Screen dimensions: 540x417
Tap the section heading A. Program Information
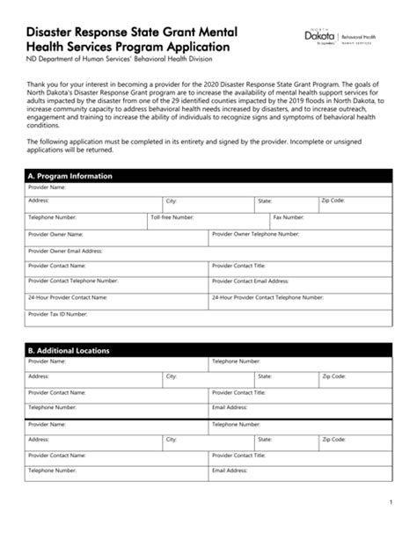click(70, 176)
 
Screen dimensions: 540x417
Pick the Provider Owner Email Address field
click(208, 254)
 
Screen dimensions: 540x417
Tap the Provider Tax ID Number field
click(208, 317)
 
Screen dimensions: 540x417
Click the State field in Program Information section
click(286, 206)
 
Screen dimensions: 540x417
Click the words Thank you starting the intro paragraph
click(43, 82)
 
